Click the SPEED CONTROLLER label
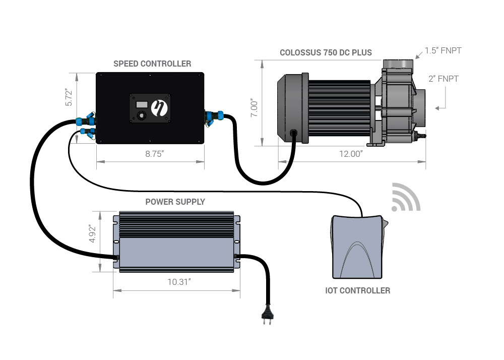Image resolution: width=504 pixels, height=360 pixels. (x=152, y=64)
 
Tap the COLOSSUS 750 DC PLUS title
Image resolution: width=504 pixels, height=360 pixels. (x=326, y=52)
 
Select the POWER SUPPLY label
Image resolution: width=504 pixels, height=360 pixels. (x=175, y=202)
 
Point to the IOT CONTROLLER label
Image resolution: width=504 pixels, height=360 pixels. (x=358, y=290)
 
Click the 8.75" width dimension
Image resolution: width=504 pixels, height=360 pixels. (x=155, y=154)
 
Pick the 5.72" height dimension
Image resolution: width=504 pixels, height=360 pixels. (x=69, y=97)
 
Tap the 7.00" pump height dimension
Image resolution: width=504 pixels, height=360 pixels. (x=254, y=108)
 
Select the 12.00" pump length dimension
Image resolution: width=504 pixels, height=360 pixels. (x=351, y=154)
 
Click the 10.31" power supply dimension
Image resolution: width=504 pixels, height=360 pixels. (x=179, y=282)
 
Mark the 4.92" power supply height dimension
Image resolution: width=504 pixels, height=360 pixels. (x=93, y=233)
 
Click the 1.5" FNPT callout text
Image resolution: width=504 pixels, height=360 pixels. (x=443, y=50)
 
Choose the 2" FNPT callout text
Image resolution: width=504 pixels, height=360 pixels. (x=443, y=79)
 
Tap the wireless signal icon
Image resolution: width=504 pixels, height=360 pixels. (x=406, y=197)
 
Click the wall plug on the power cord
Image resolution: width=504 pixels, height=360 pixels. (x=268, y=315)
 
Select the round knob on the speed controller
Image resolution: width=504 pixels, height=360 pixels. (x=142, y=115)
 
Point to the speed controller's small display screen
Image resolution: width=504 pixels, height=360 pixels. (x=142, y=104)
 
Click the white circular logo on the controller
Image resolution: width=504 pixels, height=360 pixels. (x=159, y=108)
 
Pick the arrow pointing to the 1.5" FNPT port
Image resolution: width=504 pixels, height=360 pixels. (x=419, y=55)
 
